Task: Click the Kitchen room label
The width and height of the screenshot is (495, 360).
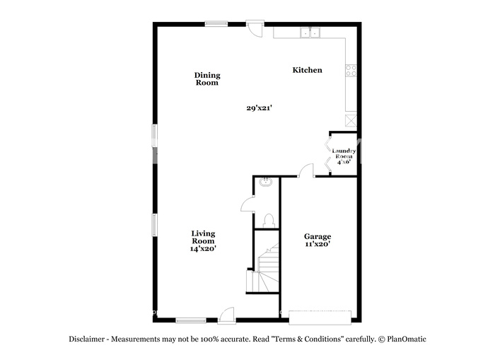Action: pos(307,70)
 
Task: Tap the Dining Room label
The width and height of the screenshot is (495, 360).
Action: pos(207,79)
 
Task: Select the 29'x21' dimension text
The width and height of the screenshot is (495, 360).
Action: pos(260,108)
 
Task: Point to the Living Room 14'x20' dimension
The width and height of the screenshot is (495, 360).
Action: pos(203,248)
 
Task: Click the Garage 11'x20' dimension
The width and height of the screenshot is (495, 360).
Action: pos(318,244)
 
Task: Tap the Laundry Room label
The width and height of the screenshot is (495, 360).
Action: pos(344,153)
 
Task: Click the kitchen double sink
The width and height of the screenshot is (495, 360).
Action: pos(310,33)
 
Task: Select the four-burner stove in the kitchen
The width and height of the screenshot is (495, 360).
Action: pos(351,71)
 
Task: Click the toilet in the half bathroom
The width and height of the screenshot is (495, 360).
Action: pos(269,221)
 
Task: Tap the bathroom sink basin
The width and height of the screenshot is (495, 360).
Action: pos(266,182)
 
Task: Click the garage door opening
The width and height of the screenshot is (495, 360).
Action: pos(320,318)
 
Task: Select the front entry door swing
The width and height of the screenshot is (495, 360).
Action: pos(226,315)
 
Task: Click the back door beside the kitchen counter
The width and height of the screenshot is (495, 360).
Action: pos(255,29)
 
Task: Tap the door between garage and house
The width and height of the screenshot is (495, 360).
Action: pos(306,170)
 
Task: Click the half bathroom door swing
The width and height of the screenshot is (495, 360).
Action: pos(248,204)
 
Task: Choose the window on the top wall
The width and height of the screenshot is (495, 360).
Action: pos(216,23)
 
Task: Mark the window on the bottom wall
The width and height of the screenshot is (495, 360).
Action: pos(191,320)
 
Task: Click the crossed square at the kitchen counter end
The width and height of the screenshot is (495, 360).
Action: pos(351,120)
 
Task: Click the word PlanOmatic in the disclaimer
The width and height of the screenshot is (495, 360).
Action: pos(407,339)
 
